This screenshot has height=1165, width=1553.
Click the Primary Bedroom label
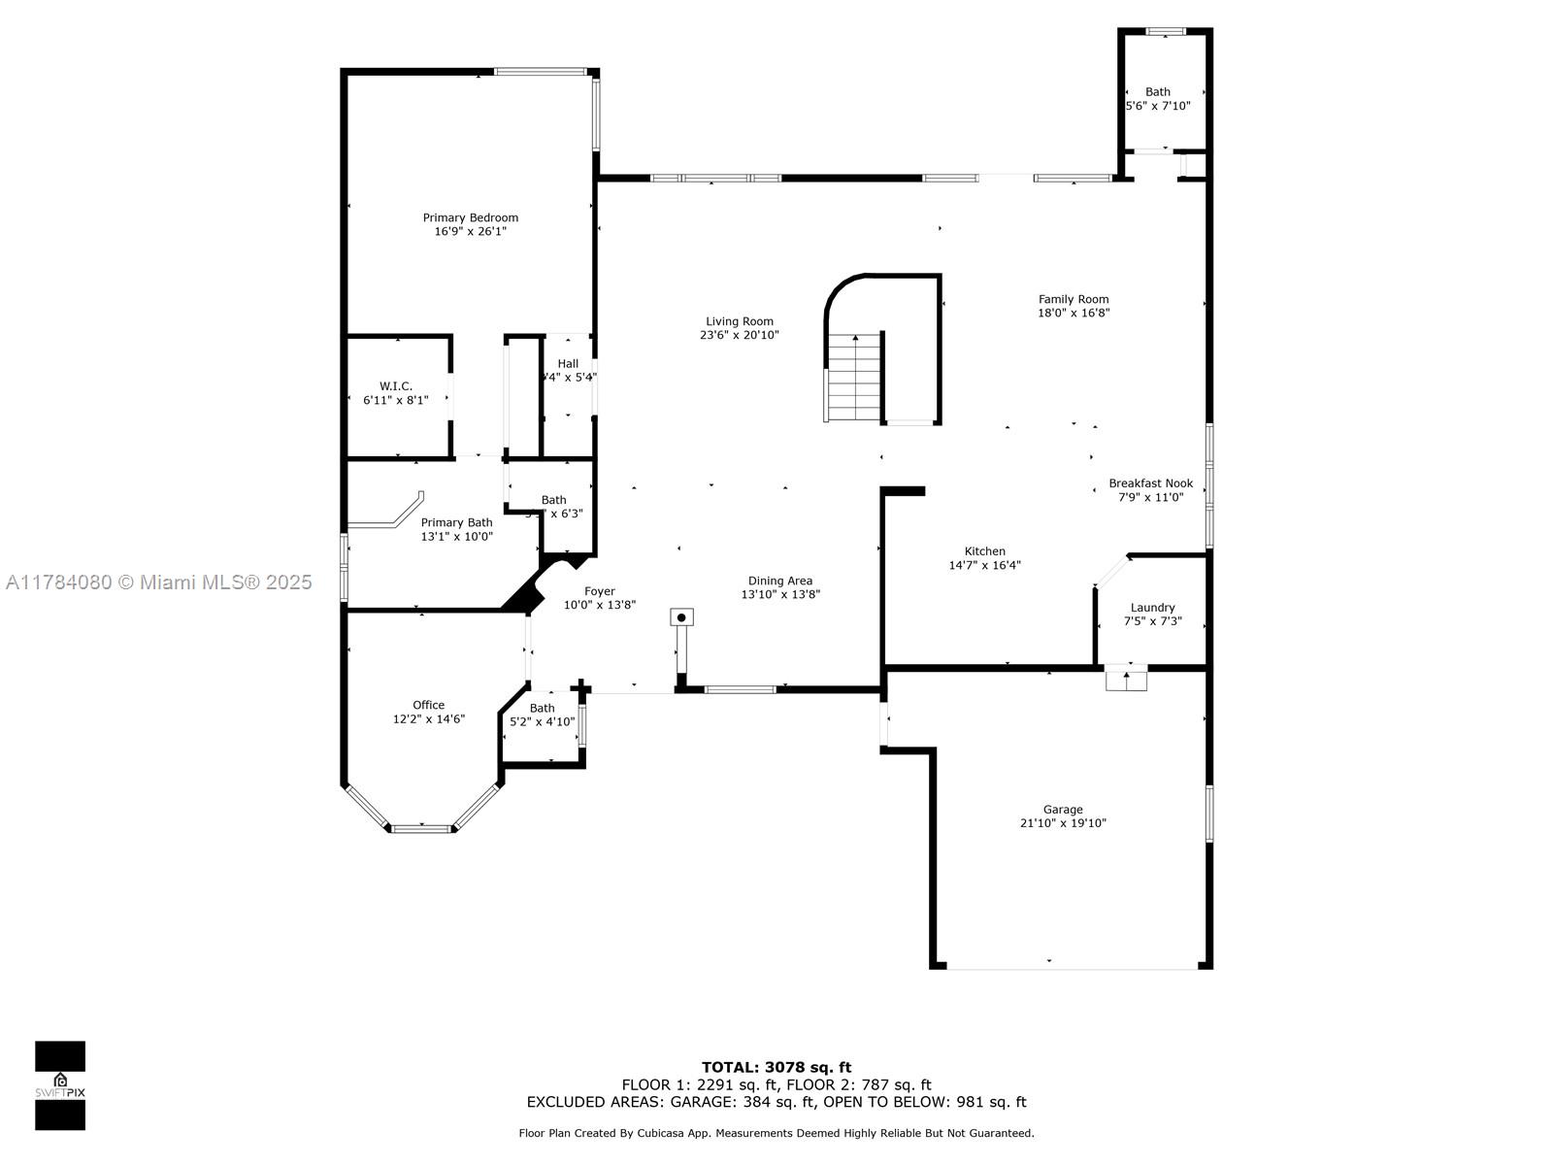tap(470, 217)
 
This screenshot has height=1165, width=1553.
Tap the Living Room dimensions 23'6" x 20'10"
tap(740, 335)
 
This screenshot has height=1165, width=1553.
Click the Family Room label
tap(1073, 299)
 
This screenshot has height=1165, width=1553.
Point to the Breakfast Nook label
tap(1150, 483)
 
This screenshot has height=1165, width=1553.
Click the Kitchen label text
tap(984, 551)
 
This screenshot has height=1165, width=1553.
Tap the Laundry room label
tap(1152, 608)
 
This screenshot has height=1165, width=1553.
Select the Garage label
tap(1063, 810)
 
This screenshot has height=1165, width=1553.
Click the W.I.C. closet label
tap(396, 386)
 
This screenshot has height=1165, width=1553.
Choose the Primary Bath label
tap(456, 522)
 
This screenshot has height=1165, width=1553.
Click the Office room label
tap(428, 706)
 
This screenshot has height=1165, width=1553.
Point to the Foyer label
tap(599, 591)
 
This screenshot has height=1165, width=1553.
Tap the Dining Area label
tap(780, 582)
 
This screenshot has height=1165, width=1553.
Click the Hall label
tap(568, 364)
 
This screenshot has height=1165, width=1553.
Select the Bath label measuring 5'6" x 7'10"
tap(1157, 92)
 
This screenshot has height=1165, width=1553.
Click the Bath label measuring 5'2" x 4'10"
tap(542, 709)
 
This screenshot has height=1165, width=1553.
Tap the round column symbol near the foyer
tap(682, 617)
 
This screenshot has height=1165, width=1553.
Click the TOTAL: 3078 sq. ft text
tap(776, 1067)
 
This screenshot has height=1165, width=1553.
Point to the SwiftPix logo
tap(60, 1085)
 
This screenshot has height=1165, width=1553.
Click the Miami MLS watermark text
tap(158, 582)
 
